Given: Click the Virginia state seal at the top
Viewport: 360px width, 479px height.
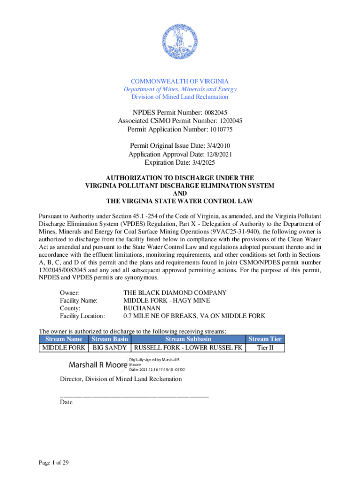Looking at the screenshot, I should [180, 41].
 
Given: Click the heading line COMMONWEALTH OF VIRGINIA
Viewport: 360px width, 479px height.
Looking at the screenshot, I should [180, 81].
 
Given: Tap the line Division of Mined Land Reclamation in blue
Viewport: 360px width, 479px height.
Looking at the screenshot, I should [180, 97].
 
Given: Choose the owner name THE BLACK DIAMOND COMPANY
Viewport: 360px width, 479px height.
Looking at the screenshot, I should [175, 292].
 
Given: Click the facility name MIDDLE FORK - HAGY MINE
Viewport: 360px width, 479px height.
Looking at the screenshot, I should [166, 300].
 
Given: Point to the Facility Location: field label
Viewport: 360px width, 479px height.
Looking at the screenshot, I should [82, 316].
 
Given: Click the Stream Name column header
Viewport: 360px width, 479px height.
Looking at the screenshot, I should [63, 339].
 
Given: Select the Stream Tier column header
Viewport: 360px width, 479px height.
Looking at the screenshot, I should [265, 339].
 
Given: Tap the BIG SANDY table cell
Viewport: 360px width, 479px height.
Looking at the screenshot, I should [110, 348].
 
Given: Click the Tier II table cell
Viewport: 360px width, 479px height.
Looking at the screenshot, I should [265, 348].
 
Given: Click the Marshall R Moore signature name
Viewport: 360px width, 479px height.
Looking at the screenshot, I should [98, 364].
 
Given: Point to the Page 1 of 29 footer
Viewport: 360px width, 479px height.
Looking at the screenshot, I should [54, 463].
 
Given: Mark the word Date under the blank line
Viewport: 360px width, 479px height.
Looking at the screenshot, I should [66, 401].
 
